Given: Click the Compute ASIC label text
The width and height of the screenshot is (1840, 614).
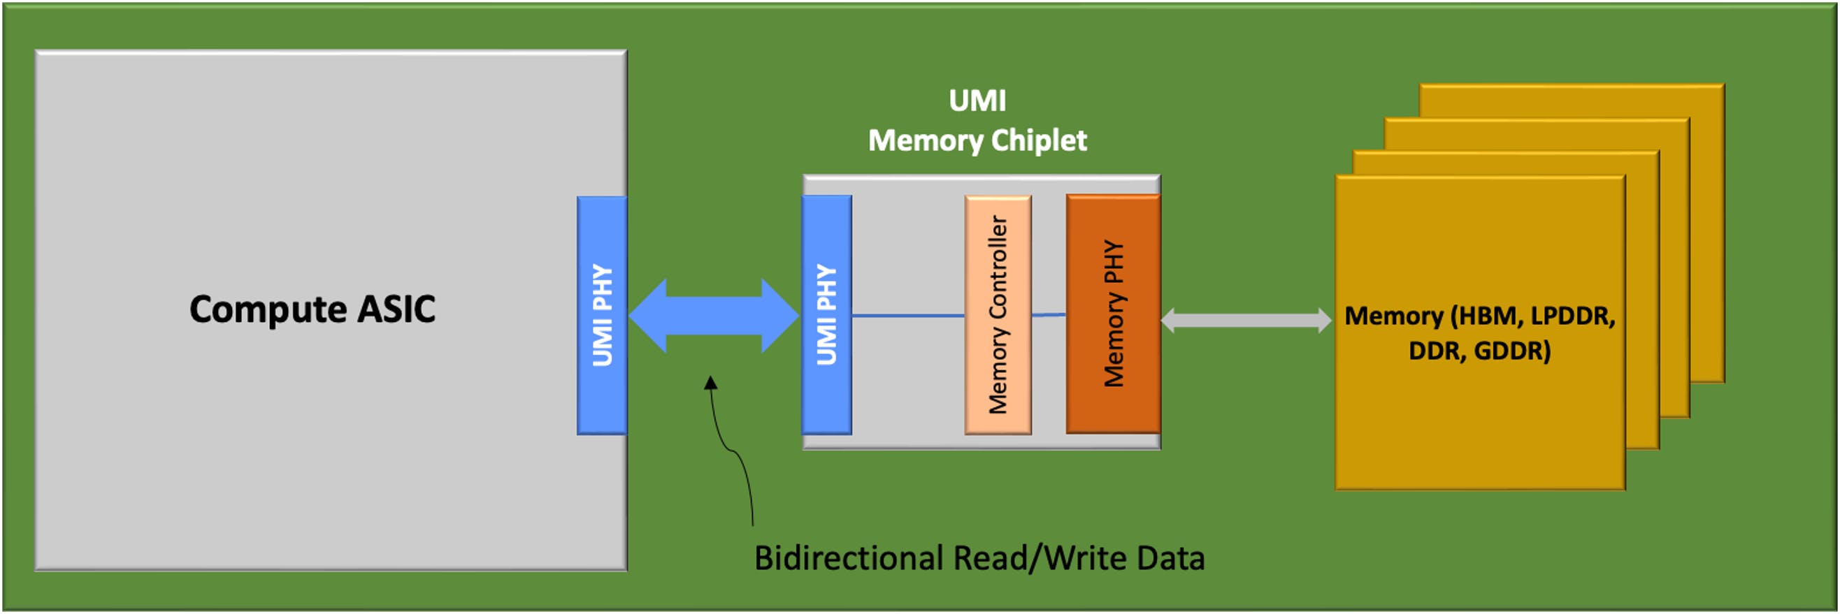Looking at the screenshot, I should point(312,309).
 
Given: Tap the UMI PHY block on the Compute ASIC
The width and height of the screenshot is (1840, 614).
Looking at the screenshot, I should point(602,315).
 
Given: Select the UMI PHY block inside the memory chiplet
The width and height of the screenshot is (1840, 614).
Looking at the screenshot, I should point(826,315).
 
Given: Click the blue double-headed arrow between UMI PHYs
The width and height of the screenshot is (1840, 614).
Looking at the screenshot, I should point(714,316).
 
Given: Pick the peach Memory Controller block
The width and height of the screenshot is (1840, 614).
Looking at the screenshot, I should point(998,315).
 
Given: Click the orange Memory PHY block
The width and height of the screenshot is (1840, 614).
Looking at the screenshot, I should point(1113,314).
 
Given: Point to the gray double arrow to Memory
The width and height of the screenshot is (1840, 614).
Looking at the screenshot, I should point(1246,320).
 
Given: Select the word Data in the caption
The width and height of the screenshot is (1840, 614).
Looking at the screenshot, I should point(1171,558).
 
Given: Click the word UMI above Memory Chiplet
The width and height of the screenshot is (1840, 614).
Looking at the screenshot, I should point(977,101).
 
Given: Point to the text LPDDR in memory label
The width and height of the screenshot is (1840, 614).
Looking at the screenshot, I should point(1572,316).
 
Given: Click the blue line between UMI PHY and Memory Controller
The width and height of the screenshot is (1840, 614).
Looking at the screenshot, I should point(908,316).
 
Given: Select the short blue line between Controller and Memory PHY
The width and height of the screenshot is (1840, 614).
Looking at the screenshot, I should point(1049,314).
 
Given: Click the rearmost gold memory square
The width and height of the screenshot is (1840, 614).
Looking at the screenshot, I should point(1707,100).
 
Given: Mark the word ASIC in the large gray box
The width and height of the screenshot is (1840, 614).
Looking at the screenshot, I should point(396,309).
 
